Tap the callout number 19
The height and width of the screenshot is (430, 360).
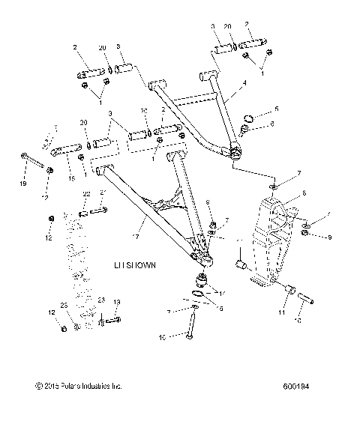[x=23, y=184]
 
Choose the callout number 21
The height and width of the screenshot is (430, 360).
[x=103, y=193]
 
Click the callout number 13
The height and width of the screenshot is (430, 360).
[x=116, y=301]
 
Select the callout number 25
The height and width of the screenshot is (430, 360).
[x=64, y=306]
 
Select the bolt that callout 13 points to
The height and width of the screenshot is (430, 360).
[x=111, y=322]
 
